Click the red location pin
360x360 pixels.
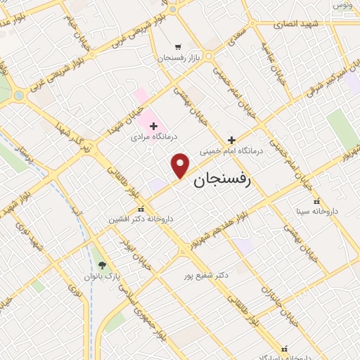click(181, 165)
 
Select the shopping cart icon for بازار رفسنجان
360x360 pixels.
click(177, 46)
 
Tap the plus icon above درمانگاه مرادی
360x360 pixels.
click(153, 125)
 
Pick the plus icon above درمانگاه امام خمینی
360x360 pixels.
click(232, 139)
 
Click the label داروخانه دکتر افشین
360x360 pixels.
click(141, 219)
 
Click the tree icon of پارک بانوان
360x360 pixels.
click(103, 265)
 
